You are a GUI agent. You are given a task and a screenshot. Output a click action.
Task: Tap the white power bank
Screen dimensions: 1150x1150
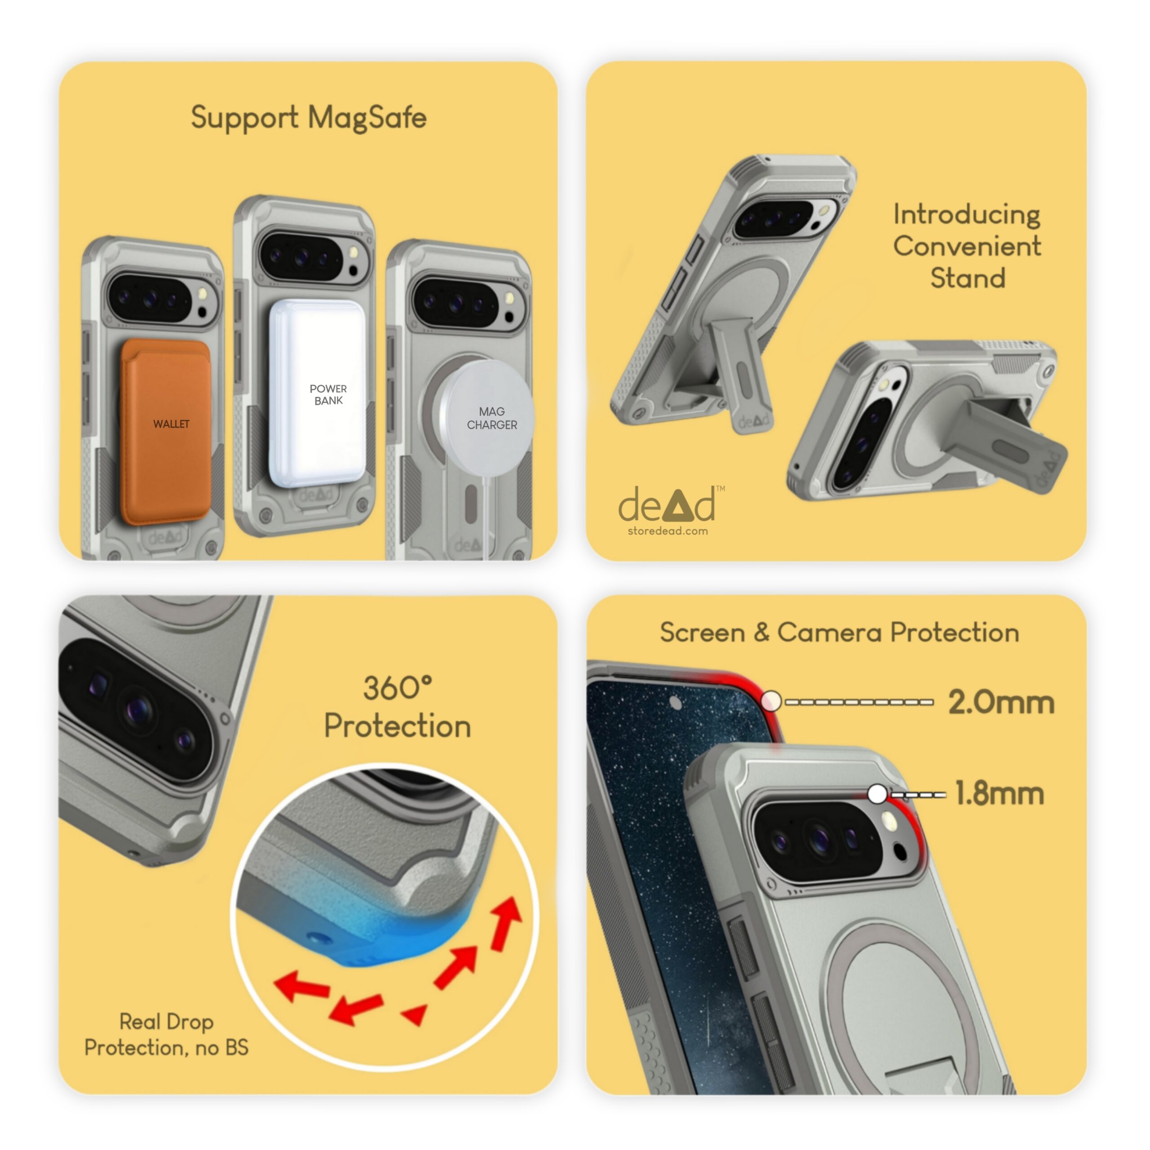(317, 393)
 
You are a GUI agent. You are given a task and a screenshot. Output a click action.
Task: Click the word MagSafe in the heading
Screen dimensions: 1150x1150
(367, 117)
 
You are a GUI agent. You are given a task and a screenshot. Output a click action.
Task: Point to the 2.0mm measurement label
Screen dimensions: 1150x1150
(1001, 703)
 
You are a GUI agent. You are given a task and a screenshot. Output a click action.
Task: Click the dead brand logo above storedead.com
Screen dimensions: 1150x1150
(667, 505)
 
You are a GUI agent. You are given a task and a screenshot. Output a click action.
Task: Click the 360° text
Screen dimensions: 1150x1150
(398, 689)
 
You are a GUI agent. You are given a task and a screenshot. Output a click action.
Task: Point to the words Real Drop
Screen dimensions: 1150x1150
(166, 1022)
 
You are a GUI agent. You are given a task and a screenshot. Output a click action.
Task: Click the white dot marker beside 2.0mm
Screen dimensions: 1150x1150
(771, 701)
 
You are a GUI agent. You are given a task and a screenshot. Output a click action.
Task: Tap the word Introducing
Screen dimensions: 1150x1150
(967, 215)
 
